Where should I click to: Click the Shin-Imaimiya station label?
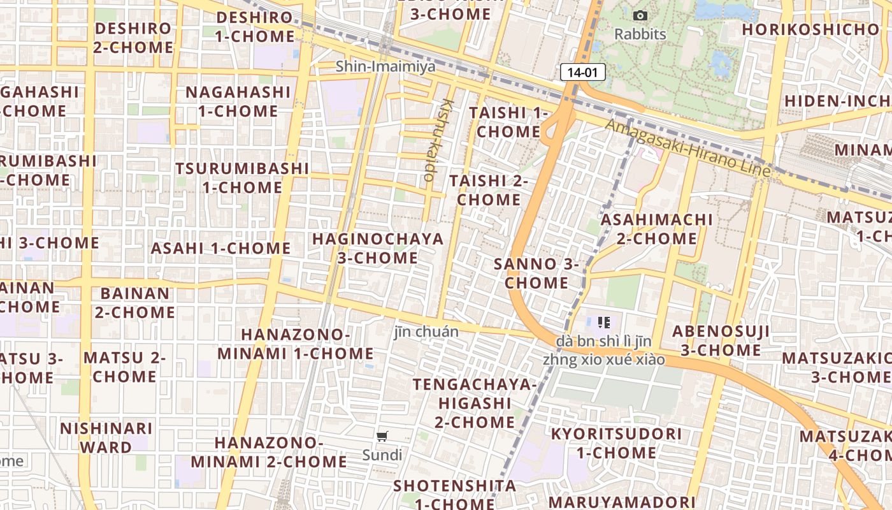pos(385,66)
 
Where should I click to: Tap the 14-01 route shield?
pos(582,72)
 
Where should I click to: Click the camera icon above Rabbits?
pos(640,15)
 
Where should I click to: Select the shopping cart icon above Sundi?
pos(382,437)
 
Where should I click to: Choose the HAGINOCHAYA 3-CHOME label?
pos(378,249)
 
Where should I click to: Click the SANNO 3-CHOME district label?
pos(536,273)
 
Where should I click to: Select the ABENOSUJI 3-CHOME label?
pos(721,340)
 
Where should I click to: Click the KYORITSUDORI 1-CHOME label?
pos(616,443)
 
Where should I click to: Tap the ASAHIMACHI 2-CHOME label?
pos(657,229)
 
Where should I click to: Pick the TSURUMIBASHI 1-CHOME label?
pos(242,178)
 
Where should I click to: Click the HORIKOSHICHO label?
pos(810,29)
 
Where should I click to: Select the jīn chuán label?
pos(426,331)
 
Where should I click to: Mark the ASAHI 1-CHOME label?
pos(220,248)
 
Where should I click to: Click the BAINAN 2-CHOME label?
pos(135,303)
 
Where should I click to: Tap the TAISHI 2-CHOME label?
pos(489,190)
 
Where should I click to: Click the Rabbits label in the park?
pos(640,34)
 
